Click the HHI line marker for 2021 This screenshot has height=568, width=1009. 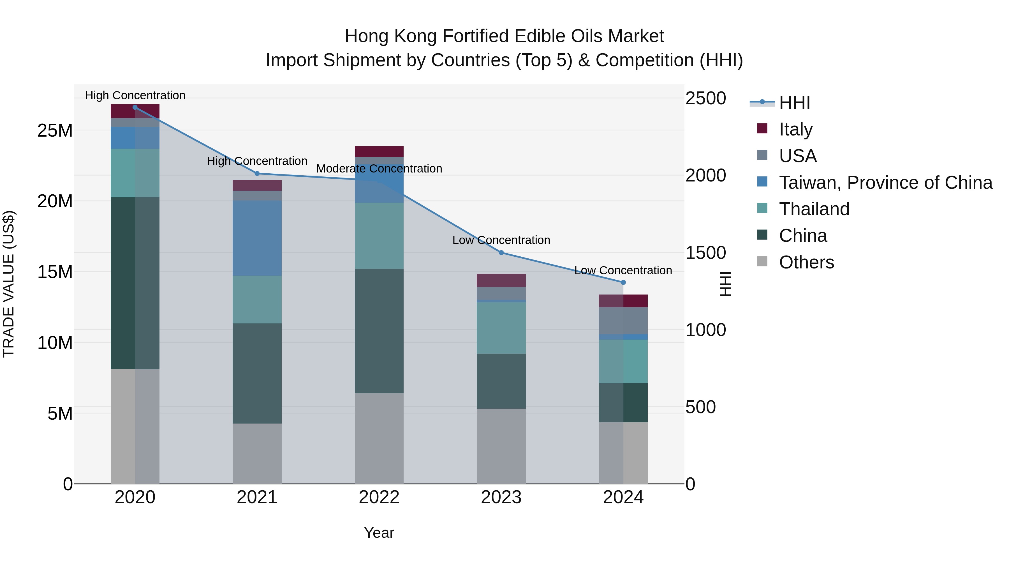pyautogui.click(x=257, y=173)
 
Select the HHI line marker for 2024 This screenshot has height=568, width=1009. pyautogui.click(x=623, y=282)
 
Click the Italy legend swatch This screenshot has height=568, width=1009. pyautogui.click(x=762, y=128)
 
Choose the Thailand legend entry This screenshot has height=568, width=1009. pyautogui.click(x=814, y=209)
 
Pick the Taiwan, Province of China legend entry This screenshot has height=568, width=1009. pyautogui.click(x=885, y=183)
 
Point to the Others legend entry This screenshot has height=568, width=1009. pyautogui.click(x=806, y=262)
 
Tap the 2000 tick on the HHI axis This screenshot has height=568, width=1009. pyautogui.click(x=705, y=175)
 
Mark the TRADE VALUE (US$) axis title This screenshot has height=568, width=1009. pyautogui.click(x=9, y=284)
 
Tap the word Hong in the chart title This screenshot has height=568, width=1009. pyautogui.click(x=367, y=36)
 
